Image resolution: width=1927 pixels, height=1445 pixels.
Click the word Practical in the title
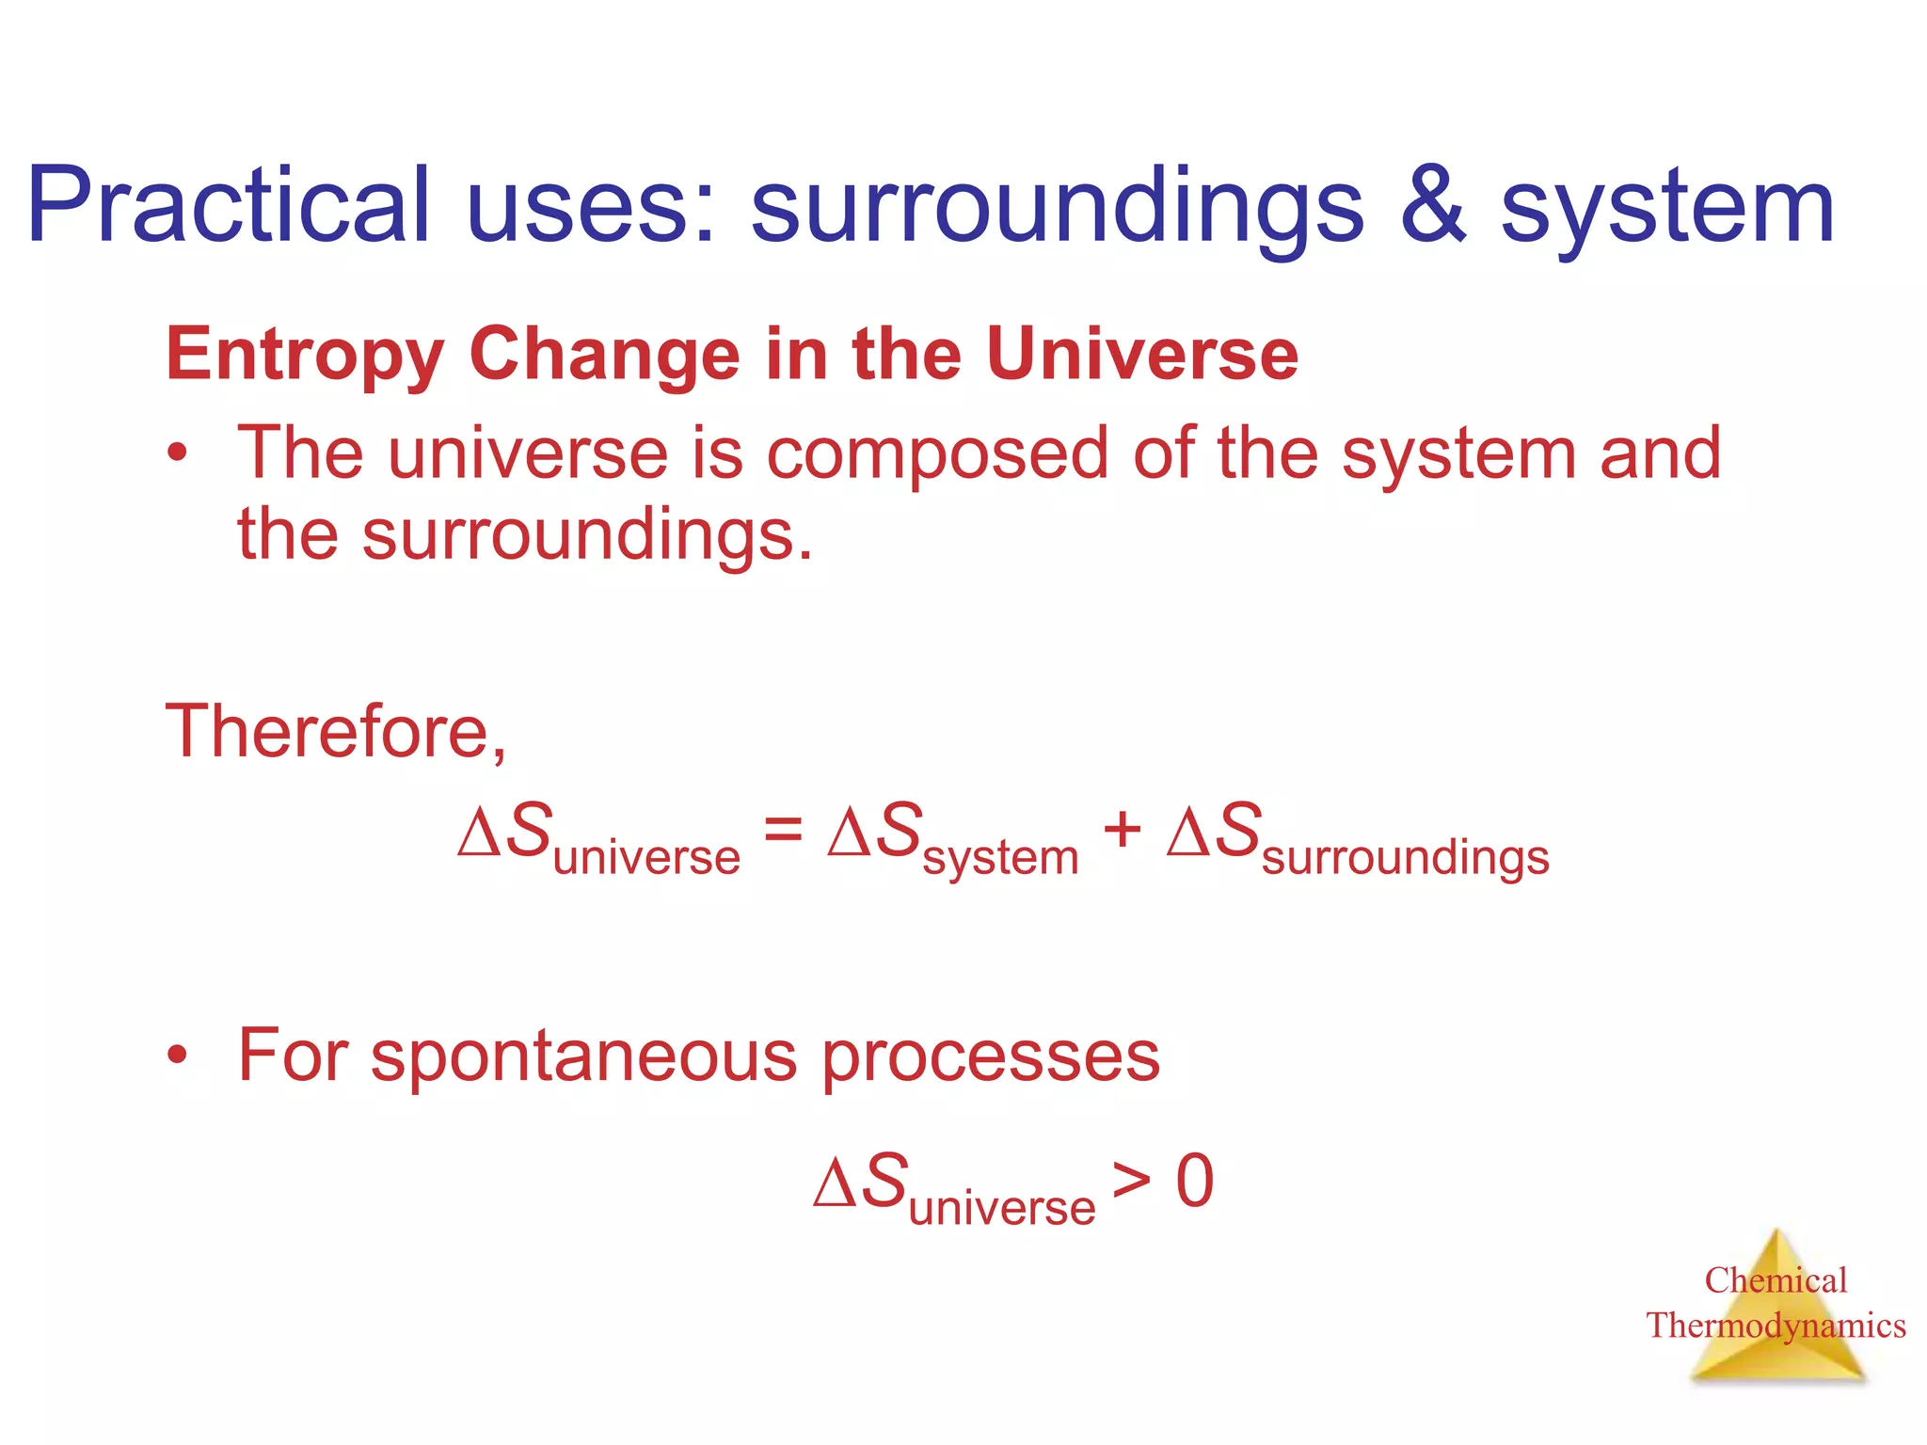click(x=229, y=205)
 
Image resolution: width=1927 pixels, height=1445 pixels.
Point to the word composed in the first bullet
click(x=937, y=454)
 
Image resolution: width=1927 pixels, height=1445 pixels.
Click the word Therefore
click(x=335, y=732)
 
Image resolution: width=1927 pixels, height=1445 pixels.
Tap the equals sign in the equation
click(x=783, y=831)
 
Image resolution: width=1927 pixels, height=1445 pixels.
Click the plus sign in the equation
click(x=1122, y=831)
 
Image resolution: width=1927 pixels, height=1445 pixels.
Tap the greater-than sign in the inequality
click(x=1131, y=1181)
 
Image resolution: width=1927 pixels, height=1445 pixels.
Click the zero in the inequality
click(x=1195, y=1181)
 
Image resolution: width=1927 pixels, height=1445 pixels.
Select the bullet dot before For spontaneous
click(x=177, y=1056)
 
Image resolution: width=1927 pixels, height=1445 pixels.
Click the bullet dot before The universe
click(x=177, y=454)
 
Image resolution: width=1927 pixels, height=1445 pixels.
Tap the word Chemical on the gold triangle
click(x=1776, y=1280)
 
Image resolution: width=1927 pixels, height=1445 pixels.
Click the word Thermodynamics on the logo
click(x=1776, y=1326)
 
